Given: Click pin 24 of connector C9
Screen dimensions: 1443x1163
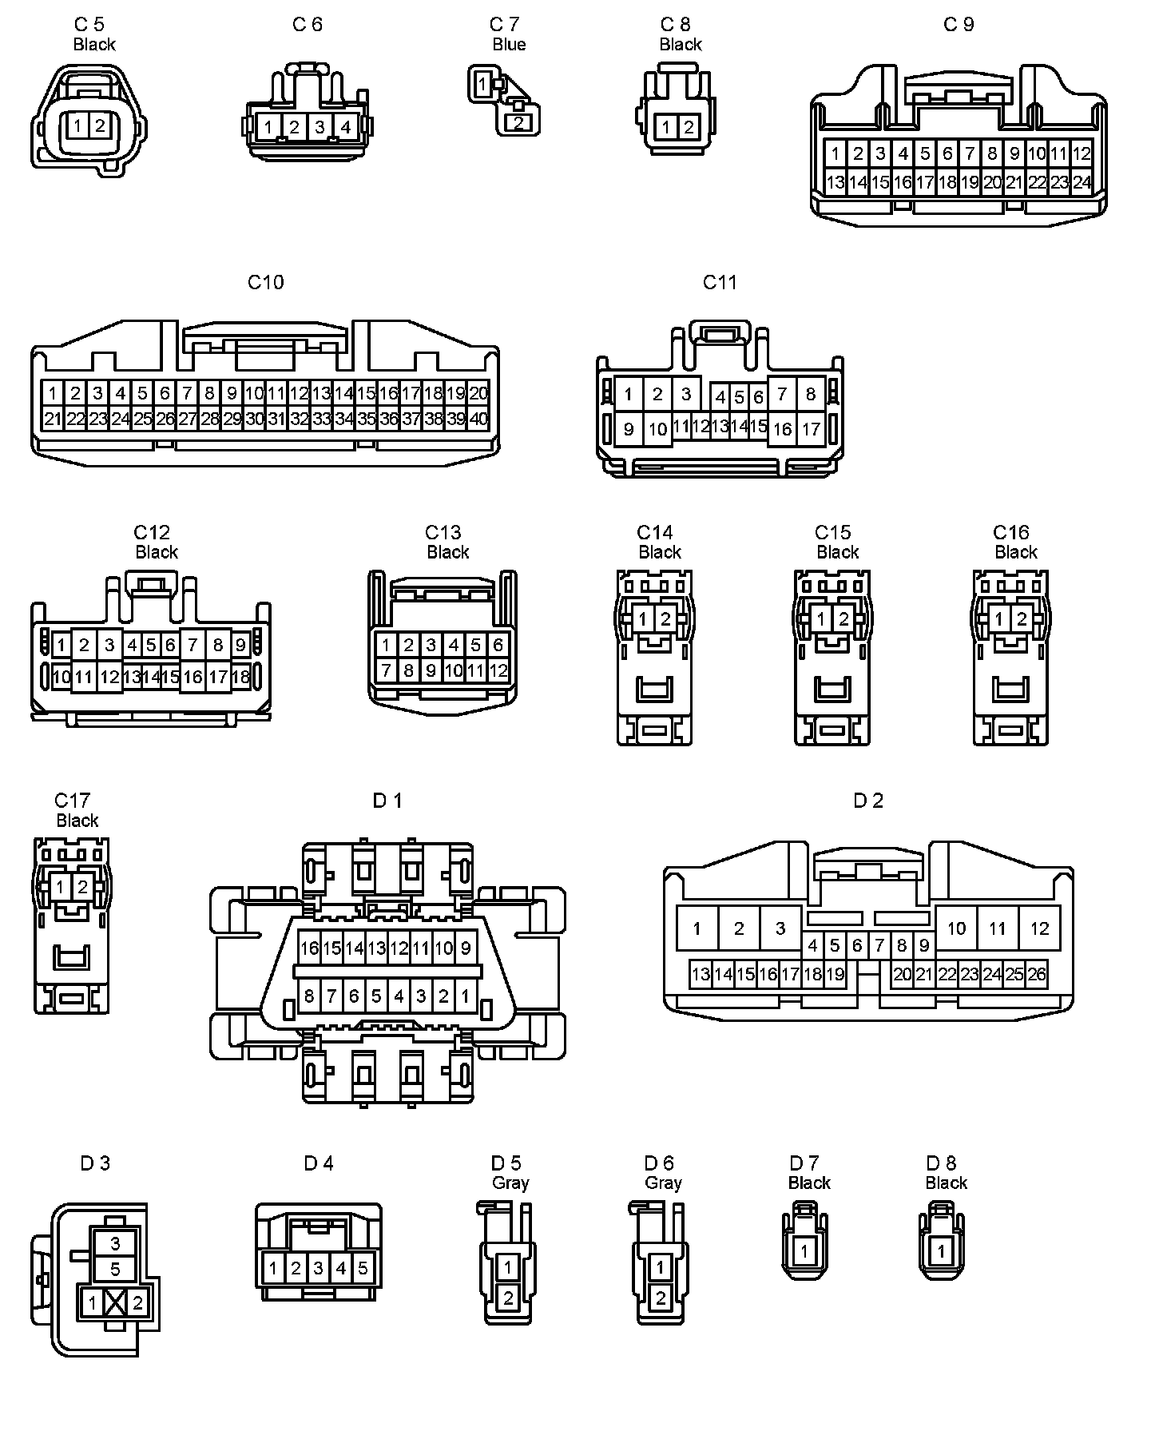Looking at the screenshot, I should pos(1082,182).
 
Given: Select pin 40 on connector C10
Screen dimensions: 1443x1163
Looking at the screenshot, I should pos(478,419).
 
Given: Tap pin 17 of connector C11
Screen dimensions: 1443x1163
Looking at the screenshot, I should pos(811,429).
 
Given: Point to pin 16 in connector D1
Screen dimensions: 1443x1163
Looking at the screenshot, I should pos(309,948).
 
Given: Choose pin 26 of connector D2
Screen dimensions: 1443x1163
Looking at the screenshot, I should pos(1037,974).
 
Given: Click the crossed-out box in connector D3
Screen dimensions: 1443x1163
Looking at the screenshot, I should pos(115,1304).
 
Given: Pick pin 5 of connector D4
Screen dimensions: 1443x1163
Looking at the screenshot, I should pos(363,1268).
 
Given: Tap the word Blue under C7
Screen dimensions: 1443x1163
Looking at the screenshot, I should pos(509,45).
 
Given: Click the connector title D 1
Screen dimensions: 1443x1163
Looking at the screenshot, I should pos(387,800).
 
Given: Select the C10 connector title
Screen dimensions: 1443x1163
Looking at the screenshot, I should pos(265,282).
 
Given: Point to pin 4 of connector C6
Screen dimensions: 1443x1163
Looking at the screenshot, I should pos(346,126).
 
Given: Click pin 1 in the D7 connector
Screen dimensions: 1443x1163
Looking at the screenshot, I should pos(804,1252).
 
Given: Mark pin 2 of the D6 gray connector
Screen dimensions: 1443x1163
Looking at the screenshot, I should pos(660,1299).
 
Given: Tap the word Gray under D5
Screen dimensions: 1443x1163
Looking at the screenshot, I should pos(510,1183).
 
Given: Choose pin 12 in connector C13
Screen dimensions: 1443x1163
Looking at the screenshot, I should pos(498,670).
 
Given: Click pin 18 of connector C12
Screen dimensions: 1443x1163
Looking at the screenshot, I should pos(240,677).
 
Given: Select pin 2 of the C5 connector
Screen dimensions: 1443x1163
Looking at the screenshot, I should pos(100,125).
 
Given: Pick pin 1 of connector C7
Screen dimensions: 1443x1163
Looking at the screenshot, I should pos(482,83).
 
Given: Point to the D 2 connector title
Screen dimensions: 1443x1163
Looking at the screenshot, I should pos(868,800).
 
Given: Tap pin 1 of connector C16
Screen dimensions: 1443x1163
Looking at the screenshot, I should pos(999,618).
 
